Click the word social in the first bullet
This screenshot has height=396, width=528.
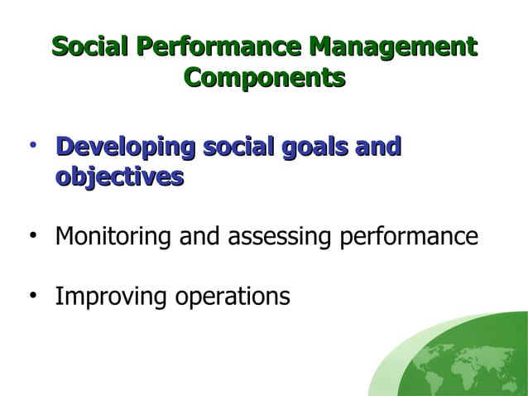[x=236, y=147]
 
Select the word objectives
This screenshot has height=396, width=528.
[x=119, y=177]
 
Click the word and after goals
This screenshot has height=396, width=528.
[x=377, y=147]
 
